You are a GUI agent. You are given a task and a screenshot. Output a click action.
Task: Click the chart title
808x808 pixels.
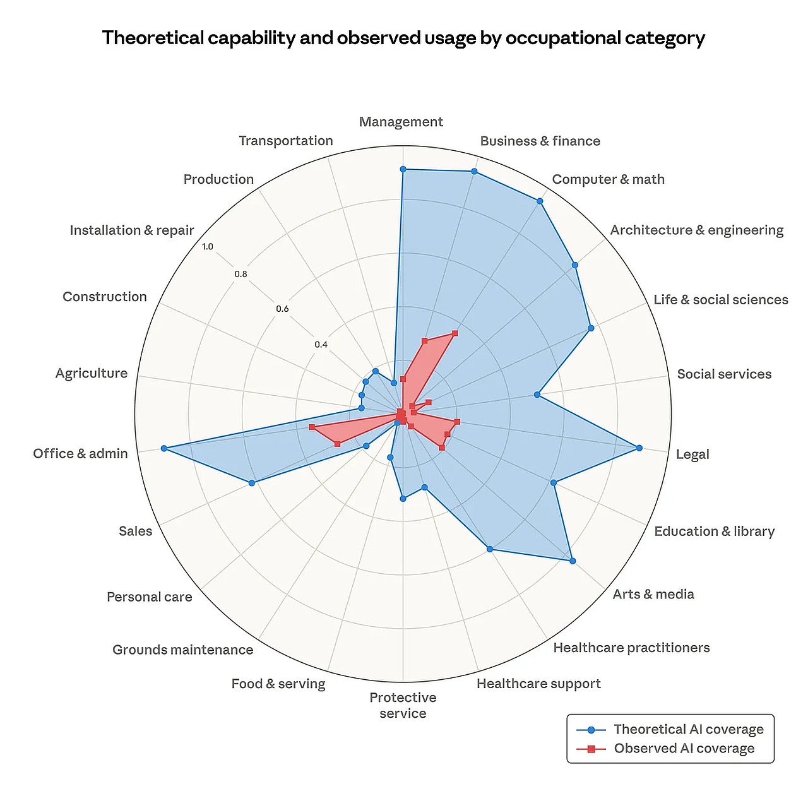pos(403,39)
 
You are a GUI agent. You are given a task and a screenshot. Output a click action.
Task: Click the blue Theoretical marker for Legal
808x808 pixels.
pos(639,448)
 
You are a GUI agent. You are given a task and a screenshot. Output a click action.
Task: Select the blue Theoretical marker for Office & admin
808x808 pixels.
pos(163,448)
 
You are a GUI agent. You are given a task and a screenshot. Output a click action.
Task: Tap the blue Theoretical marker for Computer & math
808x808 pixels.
pos(540,201)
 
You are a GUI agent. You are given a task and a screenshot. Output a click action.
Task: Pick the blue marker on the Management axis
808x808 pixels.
pos(403,169)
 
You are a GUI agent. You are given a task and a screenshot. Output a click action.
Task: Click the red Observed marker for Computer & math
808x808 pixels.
pos(454,333)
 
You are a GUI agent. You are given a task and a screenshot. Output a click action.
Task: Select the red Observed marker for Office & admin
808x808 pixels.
pos(312,427)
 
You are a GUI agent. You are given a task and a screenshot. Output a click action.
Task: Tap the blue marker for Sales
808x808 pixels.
pos(252,483)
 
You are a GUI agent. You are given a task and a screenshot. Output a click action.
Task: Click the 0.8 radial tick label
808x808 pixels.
pos(241,274)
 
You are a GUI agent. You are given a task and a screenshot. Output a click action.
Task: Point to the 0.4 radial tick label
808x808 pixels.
pos(321,345)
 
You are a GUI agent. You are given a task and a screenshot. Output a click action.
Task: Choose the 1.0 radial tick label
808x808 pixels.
pos(208,246)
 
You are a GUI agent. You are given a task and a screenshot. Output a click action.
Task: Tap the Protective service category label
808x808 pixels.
pos(403,705)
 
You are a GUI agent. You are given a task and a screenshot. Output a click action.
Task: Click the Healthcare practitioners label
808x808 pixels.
pos(631,648)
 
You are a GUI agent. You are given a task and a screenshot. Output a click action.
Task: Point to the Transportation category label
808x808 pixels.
pos(285,141)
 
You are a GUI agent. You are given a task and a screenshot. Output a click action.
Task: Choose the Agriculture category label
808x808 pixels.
pos(92,373)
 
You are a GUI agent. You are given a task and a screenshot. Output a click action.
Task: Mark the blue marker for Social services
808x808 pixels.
pos(537,395)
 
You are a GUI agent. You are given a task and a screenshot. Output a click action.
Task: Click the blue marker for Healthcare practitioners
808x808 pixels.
pos(490,549)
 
